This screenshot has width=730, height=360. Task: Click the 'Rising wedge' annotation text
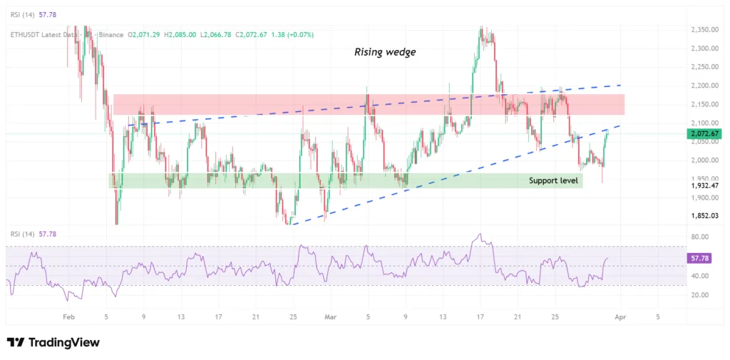(385, 52)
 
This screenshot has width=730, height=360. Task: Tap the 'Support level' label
(553, 180)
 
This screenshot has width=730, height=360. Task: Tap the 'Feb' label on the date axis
(68, 316)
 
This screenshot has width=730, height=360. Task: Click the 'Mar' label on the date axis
(329, 316)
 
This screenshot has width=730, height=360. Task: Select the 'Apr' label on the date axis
(620, 316)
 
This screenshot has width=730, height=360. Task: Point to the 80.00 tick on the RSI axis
(699, 237)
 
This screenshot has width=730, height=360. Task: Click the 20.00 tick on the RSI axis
(699, 295)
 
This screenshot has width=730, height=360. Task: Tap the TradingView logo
(53, 343)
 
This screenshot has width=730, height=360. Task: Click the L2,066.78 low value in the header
(220, 34)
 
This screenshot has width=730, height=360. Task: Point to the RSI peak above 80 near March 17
(480, 234)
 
